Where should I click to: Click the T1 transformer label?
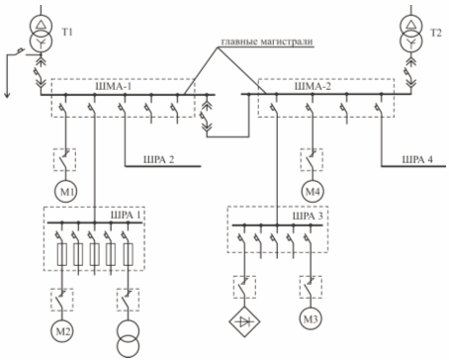point(67,33)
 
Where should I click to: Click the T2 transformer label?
point(436,33)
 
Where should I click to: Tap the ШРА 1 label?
point(126,215)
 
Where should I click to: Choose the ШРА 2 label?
point(158,159)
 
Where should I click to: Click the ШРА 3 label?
point(308,216)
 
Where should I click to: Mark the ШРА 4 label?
point(417,159)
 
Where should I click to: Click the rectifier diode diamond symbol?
point(245,321)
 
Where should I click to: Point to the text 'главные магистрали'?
point(266,42)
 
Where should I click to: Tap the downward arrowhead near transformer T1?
point(7,95)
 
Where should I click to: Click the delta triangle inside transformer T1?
point(41,24)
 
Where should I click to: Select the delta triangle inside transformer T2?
point(410,25)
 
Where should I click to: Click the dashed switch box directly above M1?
point(64,159)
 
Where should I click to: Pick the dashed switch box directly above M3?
point(311,287)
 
